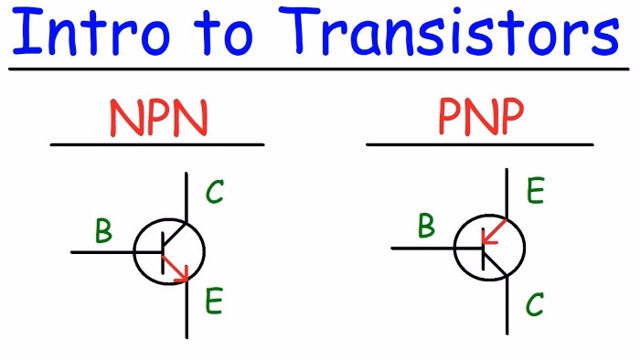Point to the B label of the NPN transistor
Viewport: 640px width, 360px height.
tap(103, 232)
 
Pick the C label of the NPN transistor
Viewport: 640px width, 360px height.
tap(214, 193)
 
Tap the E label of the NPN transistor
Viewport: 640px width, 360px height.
tap(214, 302)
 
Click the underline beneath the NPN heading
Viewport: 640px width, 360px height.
tap(157, 144)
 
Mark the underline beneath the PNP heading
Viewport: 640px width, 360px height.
tap(479, 144)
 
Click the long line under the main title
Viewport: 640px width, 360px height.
tap(320, 69)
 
